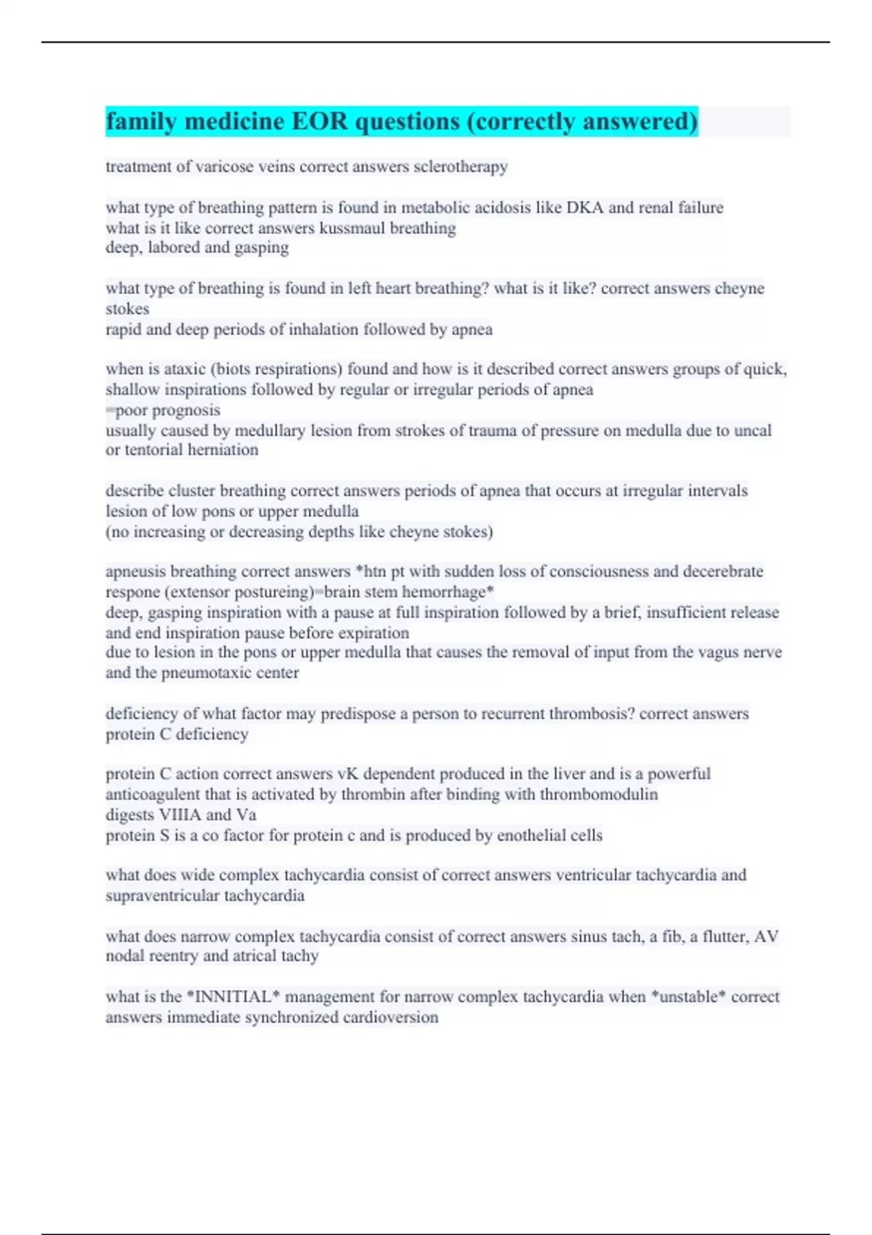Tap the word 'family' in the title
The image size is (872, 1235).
click(142, 121)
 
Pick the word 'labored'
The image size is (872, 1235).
click(174, 248)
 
